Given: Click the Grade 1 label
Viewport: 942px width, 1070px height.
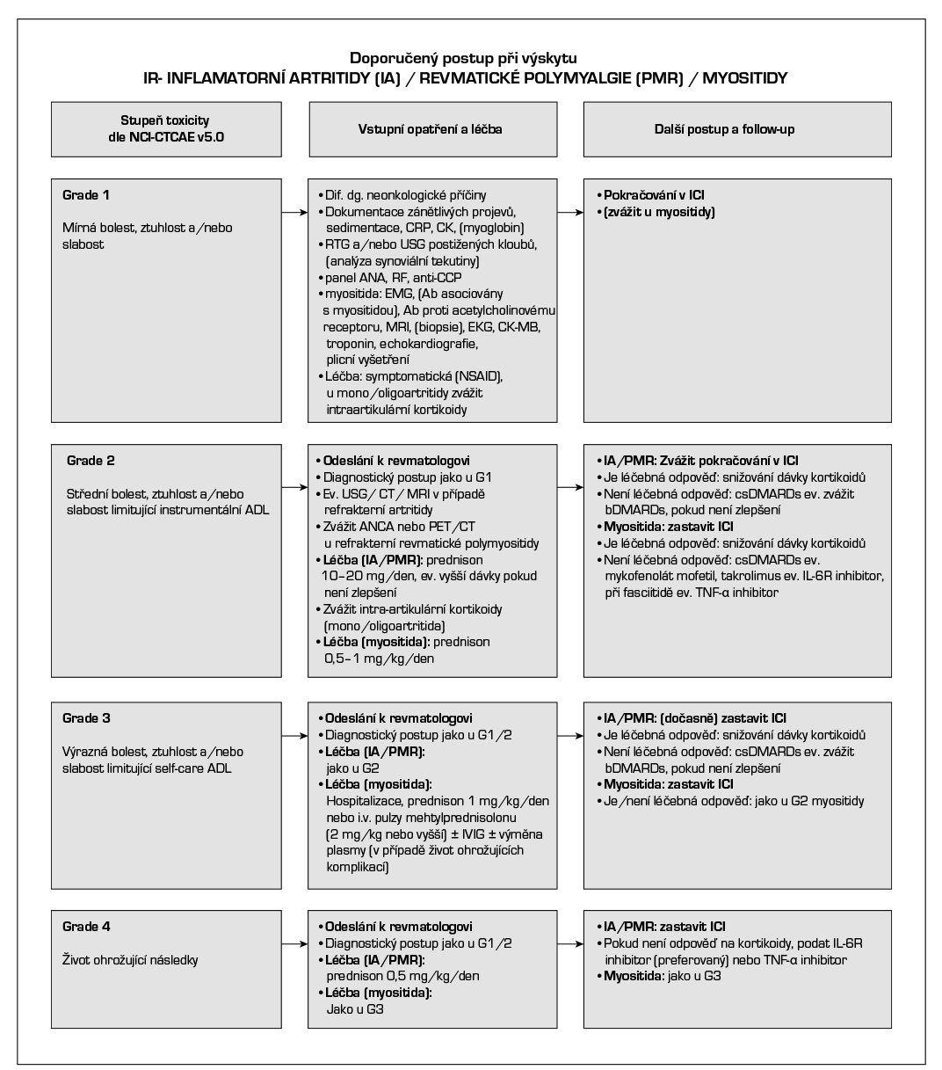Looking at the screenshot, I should tap(86, 195).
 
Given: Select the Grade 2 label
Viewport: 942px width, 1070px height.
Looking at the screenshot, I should tap(91, 461).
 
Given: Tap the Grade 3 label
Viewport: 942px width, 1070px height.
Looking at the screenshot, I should tap(86, 718).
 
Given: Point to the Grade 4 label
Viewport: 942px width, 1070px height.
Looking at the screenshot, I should tap(86, 927).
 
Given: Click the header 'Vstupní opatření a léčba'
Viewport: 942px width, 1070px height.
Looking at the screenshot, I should tap(431, 129).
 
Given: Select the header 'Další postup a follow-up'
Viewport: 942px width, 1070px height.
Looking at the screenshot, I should tap(736, 129).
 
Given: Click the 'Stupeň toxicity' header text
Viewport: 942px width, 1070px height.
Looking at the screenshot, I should tap(164, 120).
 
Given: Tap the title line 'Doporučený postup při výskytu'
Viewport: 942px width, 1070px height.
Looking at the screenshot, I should tap(464, 59).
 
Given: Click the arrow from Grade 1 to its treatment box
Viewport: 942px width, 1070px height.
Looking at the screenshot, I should tap(293, 212).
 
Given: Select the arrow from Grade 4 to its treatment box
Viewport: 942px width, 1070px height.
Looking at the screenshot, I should tap(293, 943).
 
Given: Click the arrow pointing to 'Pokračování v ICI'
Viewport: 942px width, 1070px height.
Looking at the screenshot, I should tap(570, 212).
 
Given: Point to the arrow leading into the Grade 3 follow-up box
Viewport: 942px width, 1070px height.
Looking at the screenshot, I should tap(570, 735).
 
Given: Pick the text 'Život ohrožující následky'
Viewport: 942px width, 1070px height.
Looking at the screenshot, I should tap(130, 960).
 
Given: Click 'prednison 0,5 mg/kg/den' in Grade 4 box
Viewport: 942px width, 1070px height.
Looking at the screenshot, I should tap(402, 976).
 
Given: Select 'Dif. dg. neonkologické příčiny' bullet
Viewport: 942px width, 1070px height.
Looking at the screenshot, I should tap(406, 195).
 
